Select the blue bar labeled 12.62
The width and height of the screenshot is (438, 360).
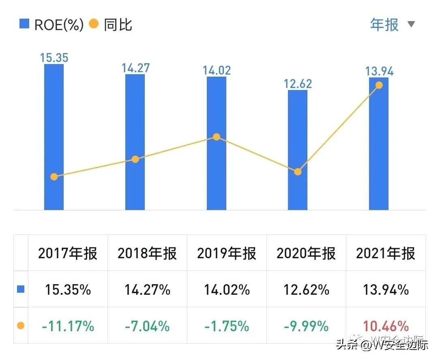click(x=298, y=150)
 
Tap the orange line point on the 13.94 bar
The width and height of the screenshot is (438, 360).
click(x=379, y=85)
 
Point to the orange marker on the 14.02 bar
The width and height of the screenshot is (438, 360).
click(x=217, y=137)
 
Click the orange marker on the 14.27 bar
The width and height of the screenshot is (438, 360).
click(x=135, y=159)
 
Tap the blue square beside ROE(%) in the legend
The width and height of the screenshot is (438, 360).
click(x=24, y=24)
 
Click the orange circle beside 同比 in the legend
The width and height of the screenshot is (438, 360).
click(x=94, y=24)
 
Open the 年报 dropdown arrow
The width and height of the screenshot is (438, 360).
click(x=411, y=24)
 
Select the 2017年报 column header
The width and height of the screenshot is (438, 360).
click(x=68, y=253)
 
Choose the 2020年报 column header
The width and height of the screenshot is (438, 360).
click(x=306, y=253)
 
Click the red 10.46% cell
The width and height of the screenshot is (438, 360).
click(x=386, y=326)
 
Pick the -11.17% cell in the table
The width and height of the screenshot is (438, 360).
click(x=68, y=326)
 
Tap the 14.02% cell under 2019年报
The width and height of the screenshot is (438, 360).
click(x=227, y=290)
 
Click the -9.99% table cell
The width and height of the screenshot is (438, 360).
click(x=306, y=326)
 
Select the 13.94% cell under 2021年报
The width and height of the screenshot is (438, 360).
click(x=386, y=290)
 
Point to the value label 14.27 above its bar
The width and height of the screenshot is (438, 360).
click(x=135, y=68)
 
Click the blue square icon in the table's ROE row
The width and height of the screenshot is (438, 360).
click(x=21, y=289)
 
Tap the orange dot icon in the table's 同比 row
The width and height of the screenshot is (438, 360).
click(x=21, y=326)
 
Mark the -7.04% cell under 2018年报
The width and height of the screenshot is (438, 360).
click(x=147, y=326)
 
